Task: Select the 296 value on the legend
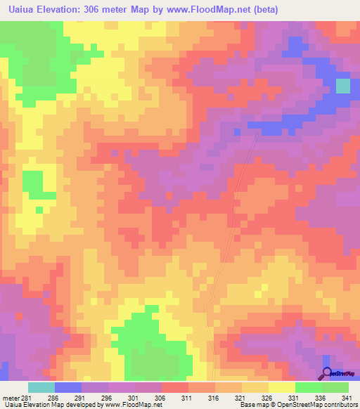(108, 397)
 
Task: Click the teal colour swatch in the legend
(41, 387)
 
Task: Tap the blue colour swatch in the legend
(68, 387)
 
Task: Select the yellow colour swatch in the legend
(282, 387)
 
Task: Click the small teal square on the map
(342, 86)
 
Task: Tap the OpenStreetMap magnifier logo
(327, 373)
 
